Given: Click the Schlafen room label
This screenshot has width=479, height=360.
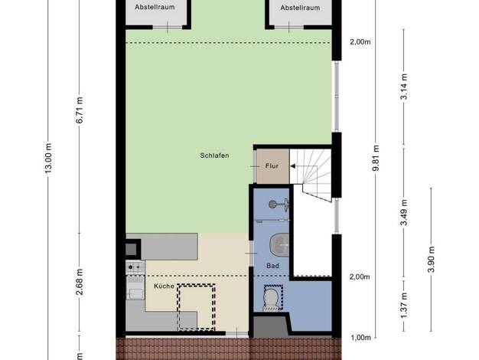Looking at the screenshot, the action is (214, 155).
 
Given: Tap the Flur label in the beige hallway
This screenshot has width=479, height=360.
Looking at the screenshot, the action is (272, 166).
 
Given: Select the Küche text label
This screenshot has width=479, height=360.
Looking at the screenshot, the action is (164, 286).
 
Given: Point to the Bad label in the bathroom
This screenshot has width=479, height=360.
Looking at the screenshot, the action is (272, 266).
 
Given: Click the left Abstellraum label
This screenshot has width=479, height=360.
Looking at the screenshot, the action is (155, 7).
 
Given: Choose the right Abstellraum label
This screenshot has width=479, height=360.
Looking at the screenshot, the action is (300, 8).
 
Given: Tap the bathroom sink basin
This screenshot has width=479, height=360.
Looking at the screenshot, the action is (279, 244).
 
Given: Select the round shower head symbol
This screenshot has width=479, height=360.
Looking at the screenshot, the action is (273, 204).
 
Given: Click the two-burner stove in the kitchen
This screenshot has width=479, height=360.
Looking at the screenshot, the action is (135, 267).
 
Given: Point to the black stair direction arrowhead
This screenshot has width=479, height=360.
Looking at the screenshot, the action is (292, 166).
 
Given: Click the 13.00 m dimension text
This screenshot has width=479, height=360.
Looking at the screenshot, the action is (49, 158).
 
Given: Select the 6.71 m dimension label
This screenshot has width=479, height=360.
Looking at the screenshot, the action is (80, 110).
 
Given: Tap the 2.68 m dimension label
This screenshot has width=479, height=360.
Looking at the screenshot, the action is (80, 282).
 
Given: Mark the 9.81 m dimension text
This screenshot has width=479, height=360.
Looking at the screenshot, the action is (376, 158).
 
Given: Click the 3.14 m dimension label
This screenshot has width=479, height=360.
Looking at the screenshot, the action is (404, 87).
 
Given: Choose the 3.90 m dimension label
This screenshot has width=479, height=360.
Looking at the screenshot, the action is (432, 259).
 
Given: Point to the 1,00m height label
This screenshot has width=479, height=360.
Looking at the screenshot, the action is (360, 338).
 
